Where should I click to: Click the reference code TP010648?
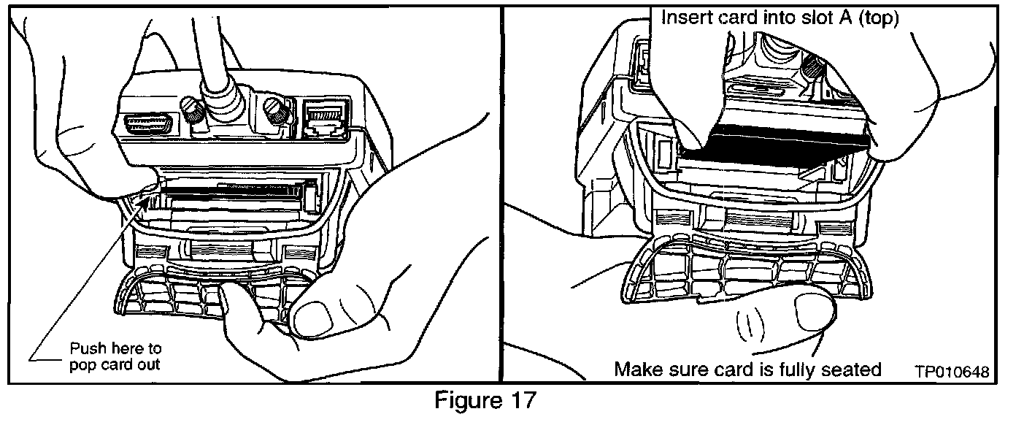pyautogui.click(x=951, y=372)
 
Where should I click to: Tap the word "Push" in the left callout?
pyautogui.click(x=85, y=348)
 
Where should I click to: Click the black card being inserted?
pyautogui.click(x=774, y=146)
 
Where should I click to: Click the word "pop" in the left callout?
pyautogui.click(x=82, y=364)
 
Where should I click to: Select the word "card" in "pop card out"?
pyautogui.click(x=118, y=364)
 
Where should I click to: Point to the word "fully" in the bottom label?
pyautogui.click(x=791, y=370)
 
